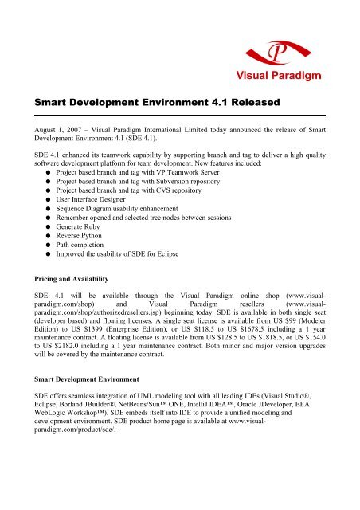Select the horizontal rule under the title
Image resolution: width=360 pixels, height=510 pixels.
[179, 117]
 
